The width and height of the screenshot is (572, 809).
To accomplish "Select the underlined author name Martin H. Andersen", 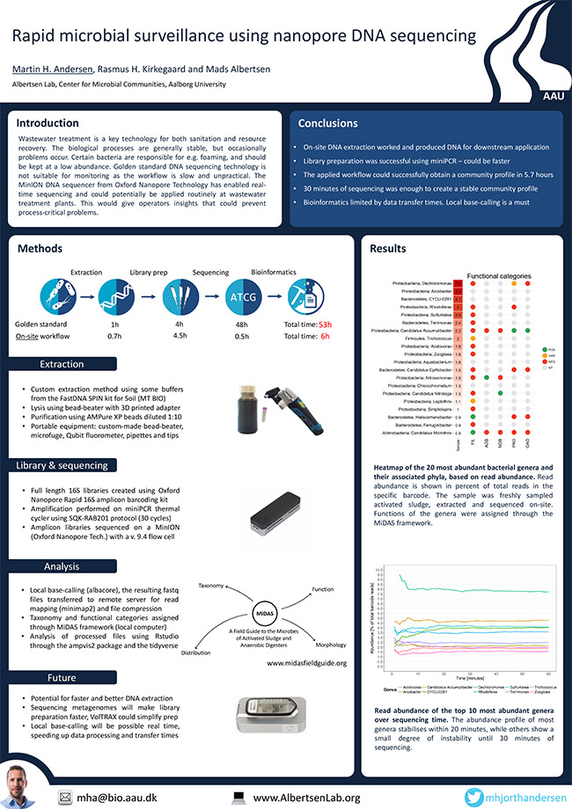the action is pos(51,69).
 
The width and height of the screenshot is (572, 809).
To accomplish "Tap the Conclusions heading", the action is pos(328,124).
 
